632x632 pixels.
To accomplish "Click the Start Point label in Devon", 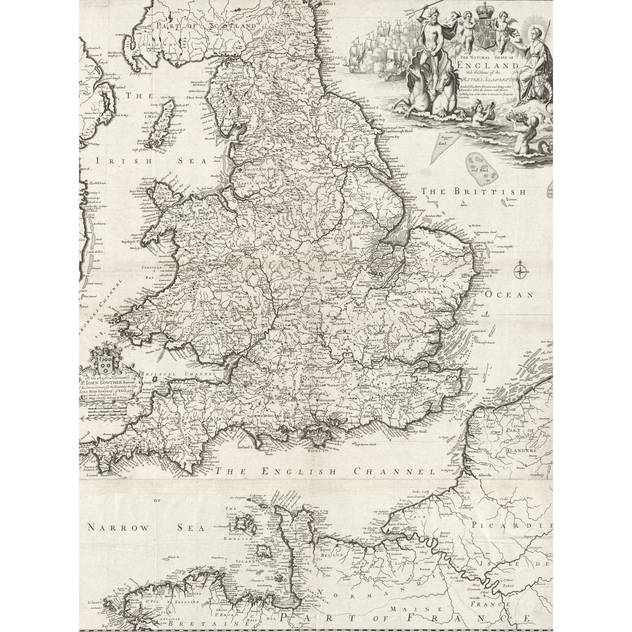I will (190, 476).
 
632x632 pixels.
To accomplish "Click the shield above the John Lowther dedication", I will (104, 363).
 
